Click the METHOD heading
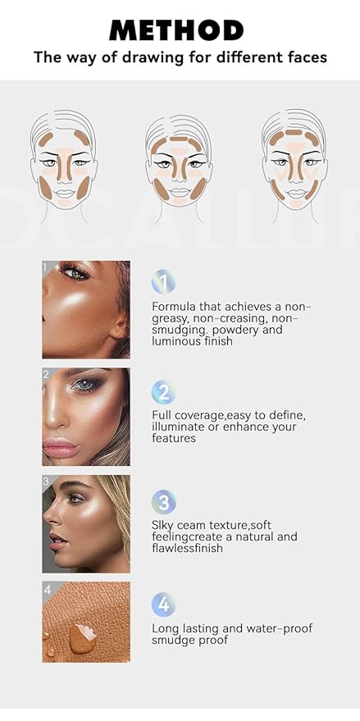tap(176, 30)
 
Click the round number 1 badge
tap(163, 283)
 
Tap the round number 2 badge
tap(163, 392)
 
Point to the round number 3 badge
tap(163, 501)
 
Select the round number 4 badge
tap(163, 605)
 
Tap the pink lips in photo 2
tap(59, 448)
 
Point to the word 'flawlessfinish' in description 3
tap(191, 548)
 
